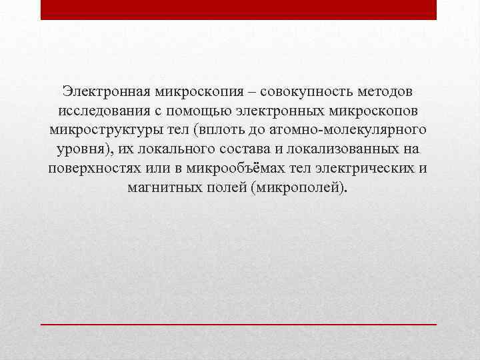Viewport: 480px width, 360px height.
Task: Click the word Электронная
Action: click(105, 90)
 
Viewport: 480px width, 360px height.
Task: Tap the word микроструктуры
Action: click(104, 129)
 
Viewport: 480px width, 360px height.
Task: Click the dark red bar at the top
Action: click(239, 9)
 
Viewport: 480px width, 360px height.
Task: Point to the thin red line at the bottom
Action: click(239, 323)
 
